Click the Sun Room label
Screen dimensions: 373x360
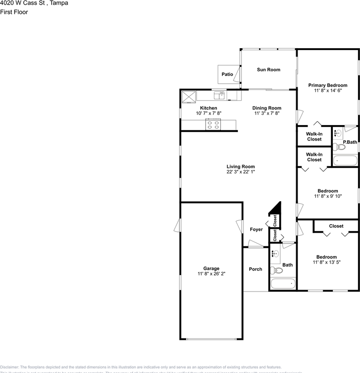(x=268, y=70)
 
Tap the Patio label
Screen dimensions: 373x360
(x=227, y=74)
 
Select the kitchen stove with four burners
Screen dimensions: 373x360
(x=213, y=125)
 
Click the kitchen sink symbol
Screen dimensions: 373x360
(x=219, y=95)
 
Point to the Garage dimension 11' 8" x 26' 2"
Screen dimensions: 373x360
(x=211, y=274)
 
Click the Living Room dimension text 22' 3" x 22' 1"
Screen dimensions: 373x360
(x=241, y=172)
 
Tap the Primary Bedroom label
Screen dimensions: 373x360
(x=327, y=85)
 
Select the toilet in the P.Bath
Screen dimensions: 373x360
(x=339, y=147)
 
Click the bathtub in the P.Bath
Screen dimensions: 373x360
(x=344, y=160)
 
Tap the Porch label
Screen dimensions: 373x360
(x=255, y=269)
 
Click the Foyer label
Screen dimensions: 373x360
(x=256, y=230)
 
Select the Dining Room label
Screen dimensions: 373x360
(x=266, y=108)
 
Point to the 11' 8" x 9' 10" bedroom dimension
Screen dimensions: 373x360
(x=327, y=196)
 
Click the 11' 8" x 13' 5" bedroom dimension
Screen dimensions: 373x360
(x=326, y=262)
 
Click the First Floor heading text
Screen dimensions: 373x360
(x=14, y=12)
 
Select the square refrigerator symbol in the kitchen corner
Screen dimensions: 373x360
(x=189, y=96)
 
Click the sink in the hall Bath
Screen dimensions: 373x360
(x=276, y=254)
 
